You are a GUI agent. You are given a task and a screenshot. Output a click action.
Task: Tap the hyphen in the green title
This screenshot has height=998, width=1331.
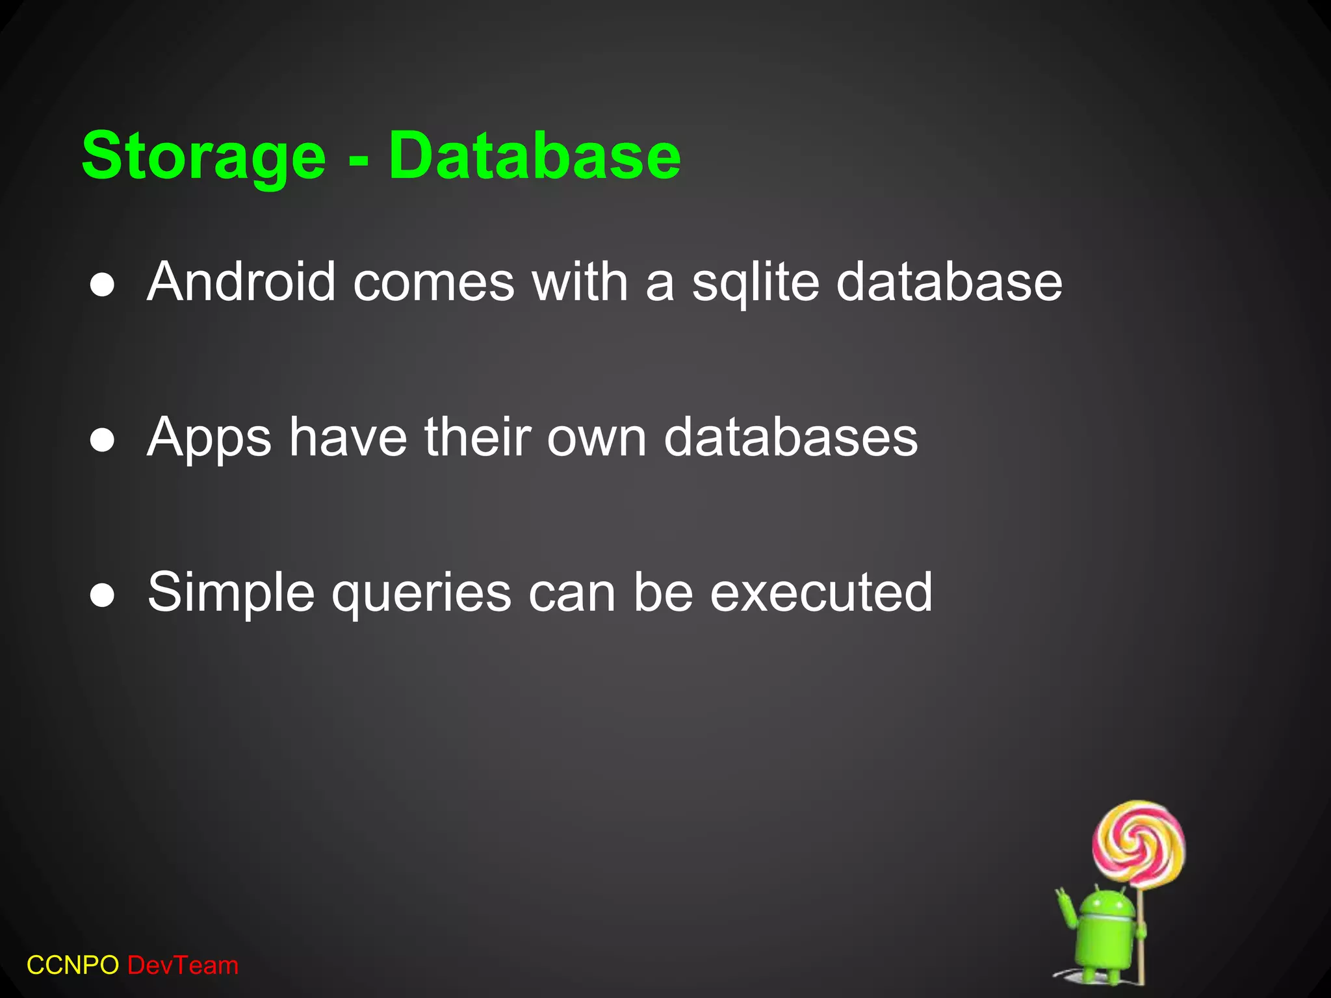point(358,160)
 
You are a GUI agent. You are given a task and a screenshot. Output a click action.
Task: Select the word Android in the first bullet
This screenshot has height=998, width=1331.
point(241,282)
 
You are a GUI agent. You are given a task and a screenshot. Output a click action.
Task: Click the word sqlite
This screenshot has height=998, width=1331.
point(755,283)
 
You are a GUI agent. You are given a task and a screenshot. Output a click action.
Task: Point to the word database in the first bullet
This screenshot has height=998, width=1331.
point(949,282)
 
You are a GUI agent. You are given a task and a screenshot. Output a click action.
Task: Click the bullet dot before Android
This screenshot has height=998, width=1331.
point(103,286)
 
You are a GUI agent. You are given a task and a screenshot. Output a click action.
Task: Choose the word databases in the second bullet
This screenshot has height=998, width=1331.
point(791,437)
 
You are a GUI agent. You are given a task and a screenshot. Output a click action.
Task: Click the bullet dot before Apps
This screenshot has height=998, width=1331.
point(103,441)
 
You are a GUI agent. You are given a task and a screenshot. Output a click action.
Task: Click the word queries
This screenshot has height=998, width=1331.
point(421,594)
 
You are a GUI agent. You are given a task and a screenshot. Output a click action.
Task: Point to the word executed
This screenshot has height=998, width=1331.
point(821,592)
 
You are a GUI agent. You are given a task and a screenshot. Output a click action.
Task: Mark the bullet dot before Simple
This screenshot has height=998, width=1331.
point(103,596)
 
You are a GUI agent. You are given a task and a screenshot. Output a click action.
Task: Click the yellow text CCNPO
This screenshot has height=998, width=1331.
point(73,966)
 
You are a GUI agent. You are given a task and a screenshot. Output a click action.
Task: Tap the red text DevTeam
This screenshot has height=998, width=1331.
point(183,966)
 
